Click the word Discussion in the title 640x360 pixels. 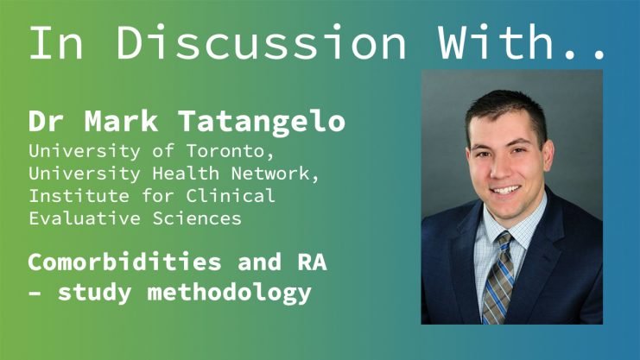pyautogui.click(x=261, y=42)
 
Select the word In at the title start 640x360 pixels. pyautogui.click(x=56, y=42)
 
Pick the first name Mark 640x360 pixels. pyautogui.click(x=121, y=121)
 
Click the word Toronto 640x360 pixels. pyautogui.click(x=230, y=151)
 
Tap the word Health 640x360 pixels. pyautogui.click(x=186, y=174)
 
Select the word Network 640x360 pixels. pyautogui.click(x=275, y=174)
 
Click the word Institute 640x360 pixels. pyautogui.click(x=79, y=195)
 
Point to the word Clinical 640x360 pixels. pyautogui.click(x=231, y=195)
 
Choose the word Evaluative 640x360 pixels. pyautogui.click(x=85, y=218)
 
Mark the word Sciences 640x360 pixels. pyautogui.click(x=197, y=218)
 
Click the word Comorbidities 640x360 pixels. pyautogui.click(x=125, y=262)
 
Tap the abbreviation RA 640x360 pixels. pyautogui.click(x=313, y=262)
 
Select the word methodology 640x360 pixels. pyautogui.click(x=230, y=294)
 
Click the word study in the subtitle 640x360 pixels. pyautogui.click(x=95, y=294)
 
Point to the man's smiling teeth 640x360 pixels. pyautogui.click(x=505, y=190)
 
